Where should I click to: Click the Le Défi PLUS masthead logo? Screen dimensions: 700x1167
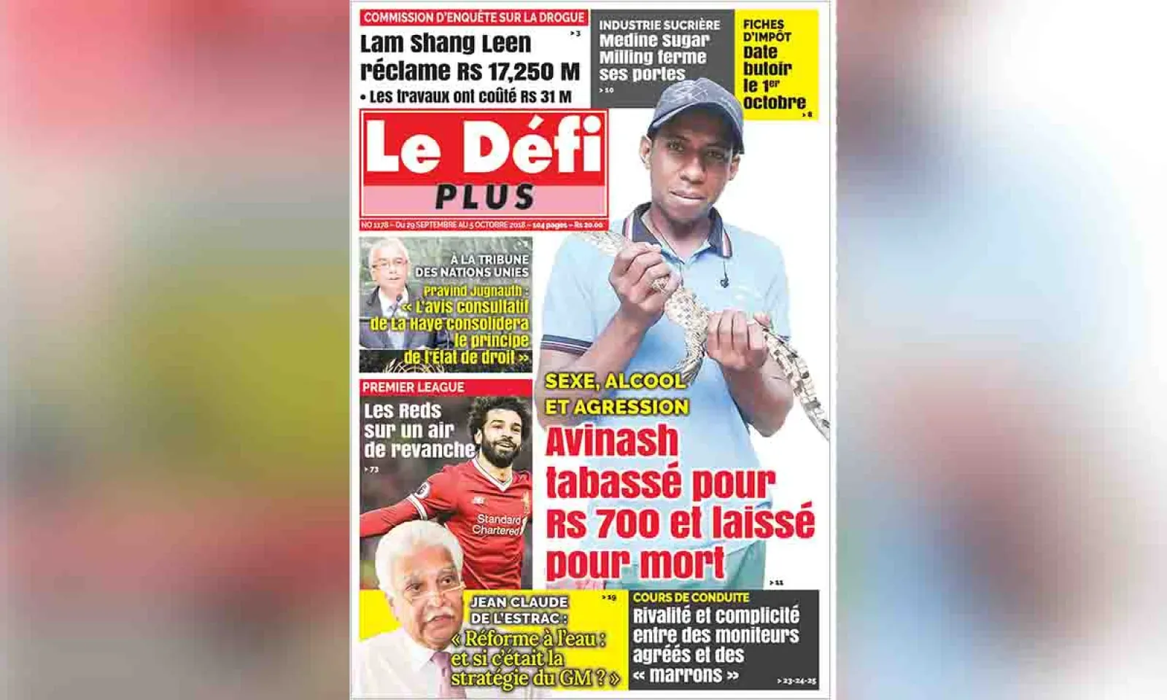(484, 163)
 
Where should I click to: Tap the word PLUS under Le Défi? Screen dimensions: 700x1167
(485, 197)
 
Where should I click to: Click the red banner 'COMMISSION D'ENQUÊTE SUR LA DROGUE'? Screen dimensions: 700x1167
(474, 17)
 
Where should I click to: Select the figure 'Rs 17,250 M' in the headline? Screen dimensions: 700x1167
(519, 71)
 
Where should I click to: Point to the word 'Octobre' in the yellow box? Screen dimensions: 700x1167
(774, 103)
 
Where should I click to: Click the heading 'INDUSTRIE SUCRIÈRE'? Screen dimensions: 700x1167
(659, 25)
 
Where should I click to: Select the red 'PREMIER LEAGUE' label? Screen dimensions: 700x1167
(414, 387)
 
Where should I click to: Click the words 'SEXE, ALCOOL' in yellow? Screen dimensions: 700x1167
(615, 381)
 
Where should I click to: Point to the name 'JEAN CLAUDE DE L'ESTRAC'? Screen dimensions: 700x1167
(519, 610)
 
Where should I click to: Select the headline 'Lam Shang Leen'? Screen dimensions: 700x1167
(446, 44)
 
